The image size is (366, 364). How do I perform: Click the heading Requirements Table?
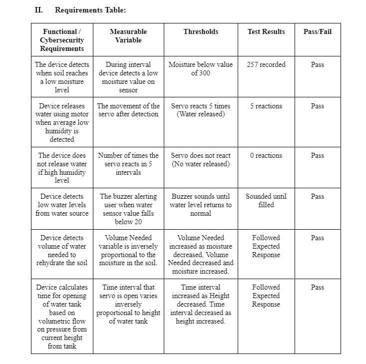click(90, 10)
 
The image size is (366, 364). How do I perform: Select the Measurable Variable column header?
click(128, 35)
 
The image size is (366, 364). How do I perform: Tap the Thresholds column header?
click(201, 31)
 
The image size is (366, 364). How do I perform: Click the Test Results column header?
click(266, 31)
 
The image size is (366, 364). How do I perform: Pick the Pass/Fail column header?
click(317, 31)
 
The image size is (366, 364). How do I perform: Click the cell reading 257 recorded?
click(266, 64)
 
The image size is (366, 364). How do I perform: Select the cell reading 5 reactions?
click(266, 106)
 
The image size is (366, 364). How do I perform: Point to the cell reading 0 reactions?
click(266, 155)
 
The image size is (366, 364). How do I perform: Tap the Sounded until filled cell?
click(266, 200)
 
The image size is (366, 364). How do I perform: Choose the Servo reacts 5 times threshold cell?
click(201, 110)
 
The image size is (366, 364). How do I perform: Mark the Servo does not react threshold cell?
click(201, 159)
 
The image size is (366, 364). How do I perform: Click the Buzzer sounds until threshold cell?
click(201, 205)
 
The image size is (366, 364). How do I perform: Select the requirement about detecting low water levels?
click(62, 205)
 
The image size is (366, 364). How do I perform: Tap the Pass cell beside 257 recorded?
click(317, 64)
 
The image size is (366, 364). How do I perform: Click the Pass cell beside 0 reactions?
click(317, 155)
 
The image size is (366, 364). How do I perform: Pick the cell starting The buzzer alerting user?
click(128, 209)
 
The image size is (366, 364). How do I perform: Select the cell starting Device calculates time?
click(62, 317)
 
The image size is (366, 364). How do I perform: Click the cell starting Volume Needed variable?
click(128, 250)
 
